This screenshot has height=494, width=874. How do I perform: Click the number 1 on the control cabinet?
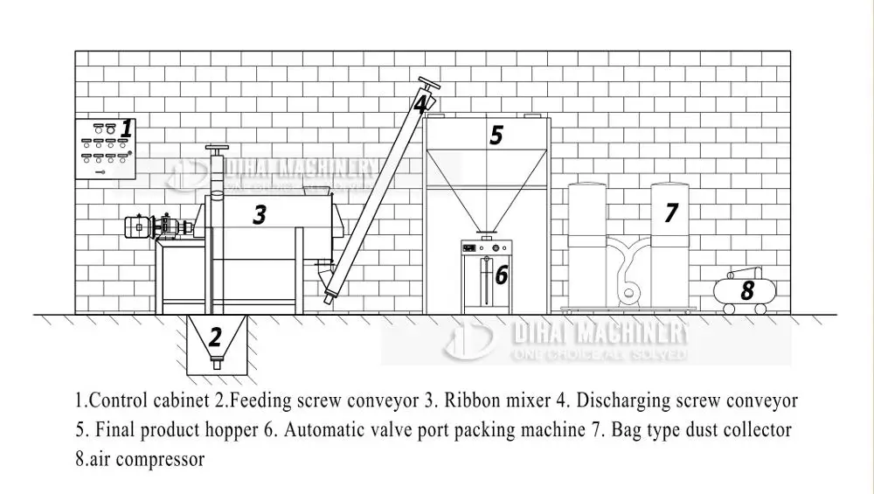click(127, 129)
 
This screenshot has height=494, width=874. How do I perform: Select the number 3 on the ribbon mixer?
click(260, 214)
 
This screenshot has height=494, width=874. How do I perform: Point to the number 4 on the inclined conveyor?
click(420, 104)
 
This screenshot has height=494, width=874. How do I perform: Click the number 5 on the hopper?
click(496, 136)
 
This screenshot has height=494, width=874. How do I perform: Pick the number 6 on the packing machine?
click(501, 275)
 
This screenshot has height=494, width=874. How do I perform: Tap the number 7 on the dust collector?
click(671, 212)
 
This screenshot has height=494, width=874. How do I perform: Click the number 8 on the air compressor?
click(747, 291)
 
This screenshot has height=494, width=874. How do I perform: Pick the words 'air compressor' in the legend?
click(145, 459)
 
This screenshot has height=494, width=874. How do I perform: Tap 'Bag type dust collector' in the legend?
click(701, 430)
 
